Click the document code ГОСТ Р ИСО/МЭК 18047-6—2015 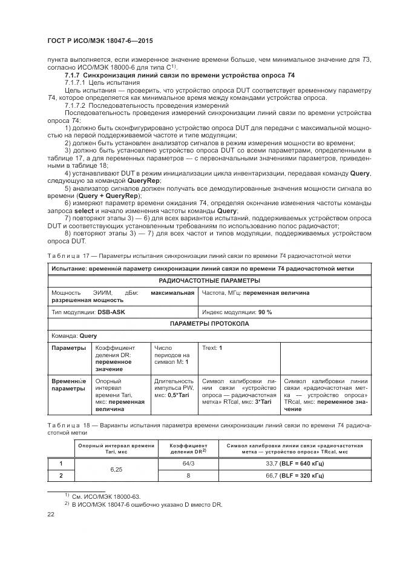pos(91,40)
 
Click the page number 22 pos(51,514)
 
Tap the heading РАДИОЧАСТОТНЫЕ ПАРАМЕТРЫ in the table pos(209,280)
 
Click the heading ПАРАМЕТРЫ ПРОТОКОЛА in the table pos(209,324)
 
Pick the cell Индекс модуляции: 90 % pos(237,312)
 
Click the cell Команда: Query pos(74,335)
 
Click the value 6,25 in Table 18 pos(117,469)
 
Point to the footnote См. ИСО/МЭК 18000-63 pos(99,496)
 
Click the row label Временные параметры pos(68,385)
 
